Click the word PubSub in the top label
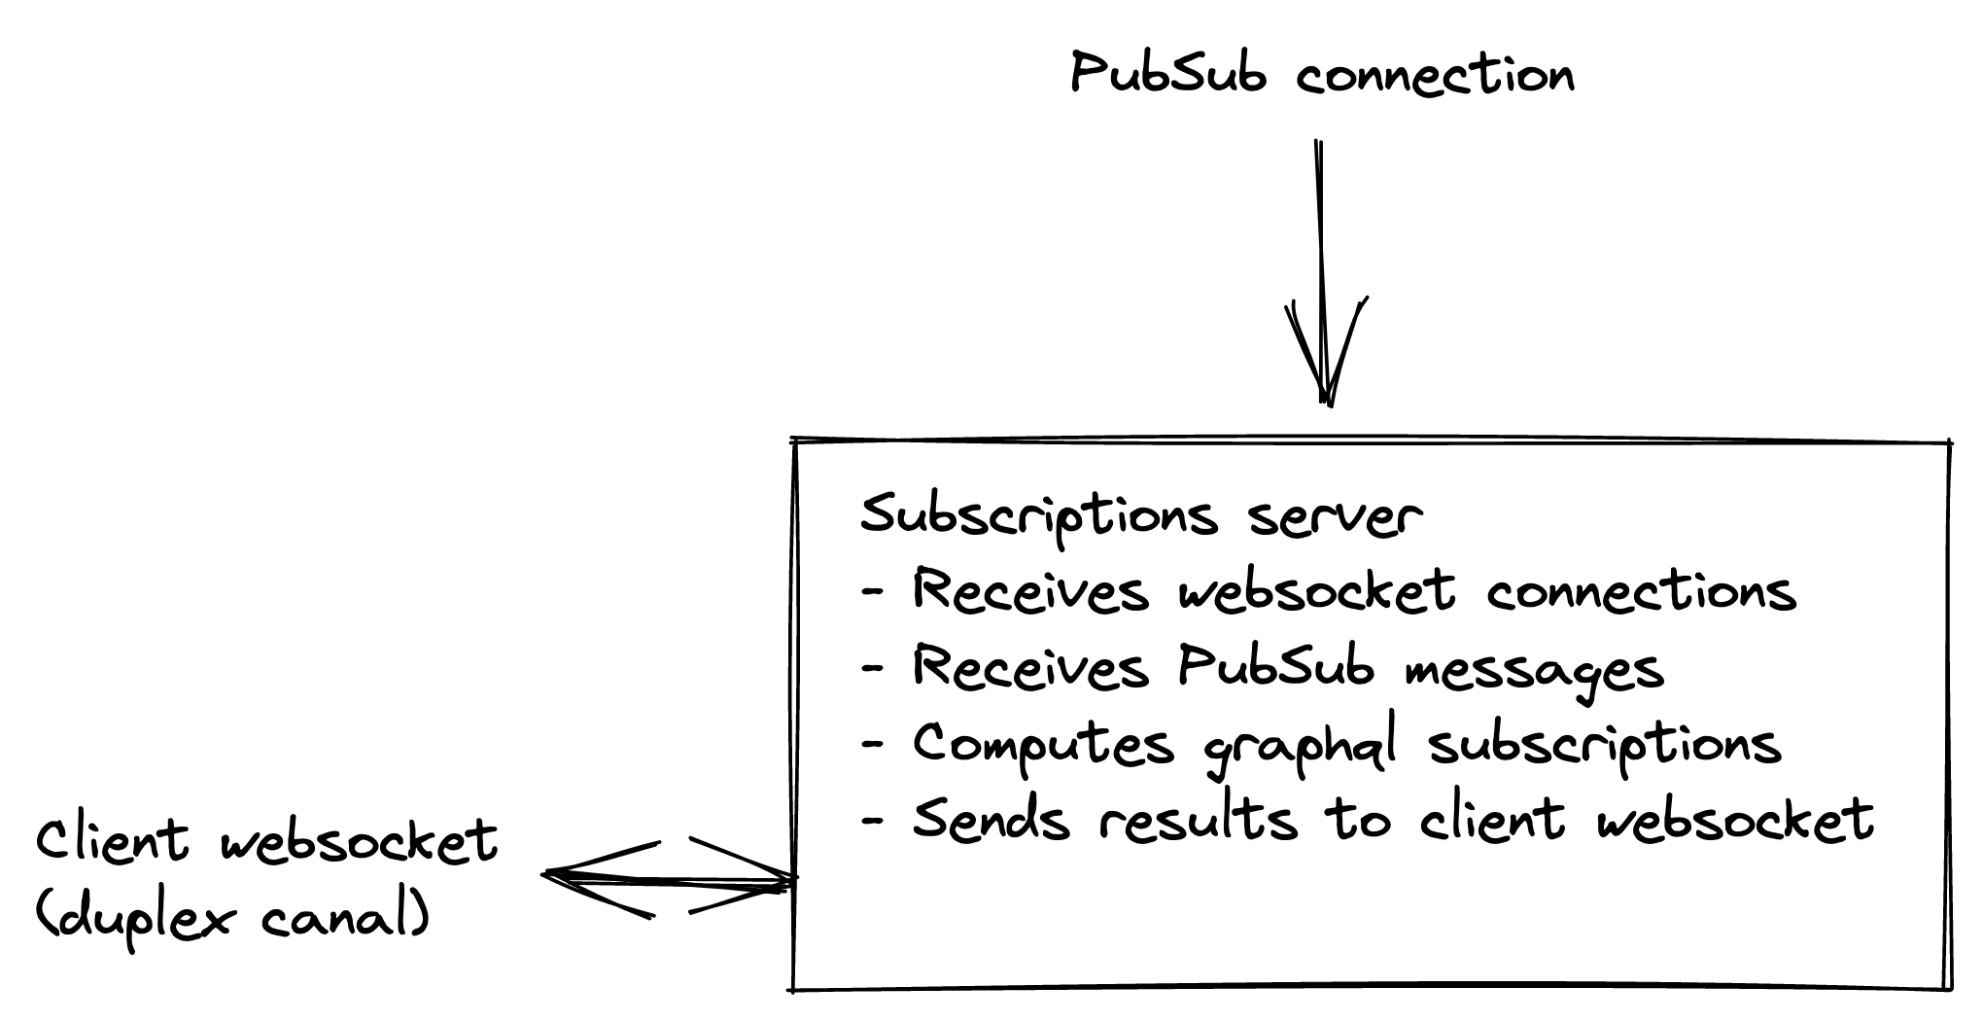click(x=1168, y=74)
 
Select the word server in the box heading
click(x=1336, y=517)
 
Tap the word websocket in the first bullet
click(x=1317, y=591)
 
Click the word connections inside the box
click(x=1641, y=591)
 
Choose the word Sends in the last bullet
click(x=991, y=819)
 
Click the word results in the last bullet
click(x=1199, y=819)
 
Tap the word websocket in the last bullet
click(x=1735, y=819)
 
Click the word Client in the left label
click(x=113, y=840)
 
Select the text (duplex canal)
click(x=233, y=916)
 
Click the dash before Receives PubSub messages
click(x=873, y=669)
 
